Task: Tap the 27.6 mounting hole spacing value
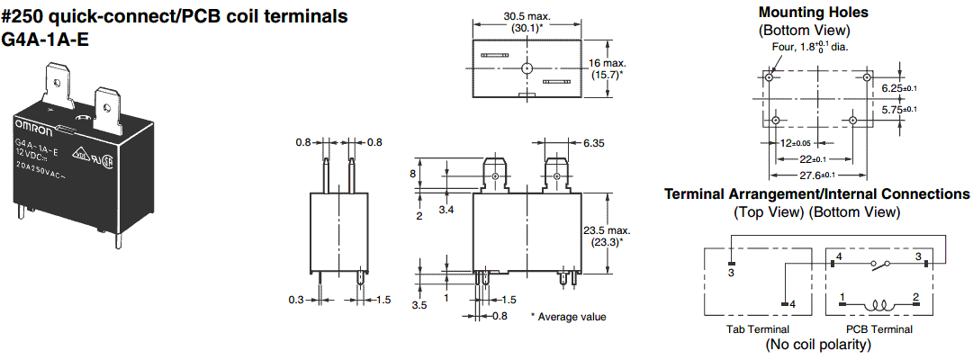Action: coord(816,175)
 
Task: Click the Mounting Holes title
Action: coord(814,13)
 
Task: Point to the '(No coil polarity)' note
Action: coord(817,344)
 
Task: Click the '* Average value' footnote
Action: coord(568,317)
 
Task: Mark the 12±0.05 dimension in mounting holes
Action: coord(794,143)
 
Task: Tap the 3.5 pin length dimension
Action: coord(419,306)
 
